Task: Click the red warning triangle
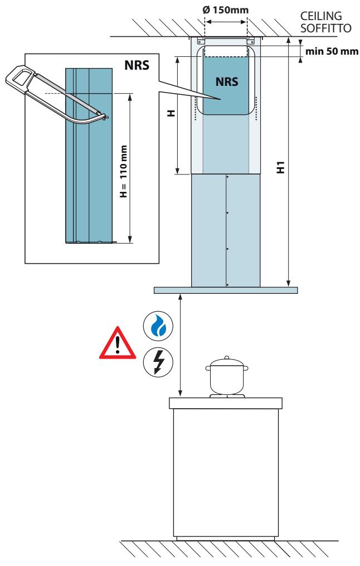[118, 345]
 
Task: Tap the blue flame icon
[158, 326]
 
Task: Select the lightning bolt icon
[158, 362]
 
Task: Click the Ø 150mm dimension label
[226, 9]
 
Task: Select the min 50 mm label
[332, 51]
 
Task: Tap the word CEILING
[321, 16]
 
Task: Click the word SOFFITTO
[326, 28]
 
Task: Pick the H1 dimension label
[281, 167]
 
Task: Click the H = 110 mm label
[124, 171]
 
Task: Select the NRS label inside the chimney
[227, 81]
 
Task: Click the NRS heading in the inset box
[137, 65]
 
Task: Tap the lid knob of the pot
[227, 357]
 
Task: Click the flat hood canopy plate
[226, 290]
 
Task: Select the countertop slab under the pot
[226, 403]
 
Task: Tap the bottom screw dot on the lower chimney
[227, 285]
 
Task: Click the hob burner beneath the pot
[227, 396]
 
